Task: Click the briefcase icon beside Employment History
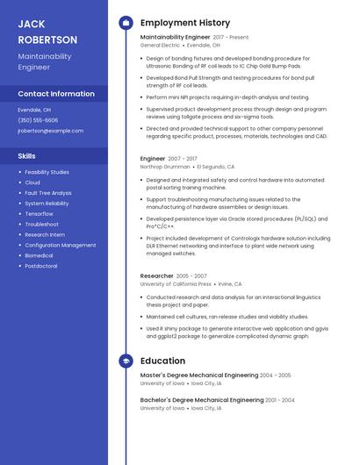(126, 23)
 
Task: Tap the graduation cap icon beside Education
(126, 361)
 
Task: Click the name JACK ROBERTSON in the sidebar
(47, 32)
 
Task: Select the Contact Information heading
(56, 94)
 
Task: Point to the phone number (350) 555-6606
(38, 120)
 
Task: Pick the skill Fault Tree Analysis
(48, 193)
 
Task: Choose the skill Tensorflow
(39, 214)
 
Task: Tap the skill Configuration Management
(61, 245)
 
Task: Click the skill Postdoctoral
(41, 266)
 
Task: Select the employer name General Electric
(160, 45)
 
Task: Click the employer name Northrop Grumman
(165, 166)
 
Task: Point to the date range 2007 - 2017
(183, 159)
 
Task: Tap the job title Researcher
(157, 276)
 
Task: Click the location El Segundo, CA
(216, 166)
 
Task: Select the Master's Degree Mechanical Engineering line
(199, 376)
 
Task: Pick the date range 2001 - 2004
(280, 400)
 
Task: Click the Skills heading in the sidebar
(26, 156)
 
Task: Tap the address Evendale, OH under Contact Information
(34, 110)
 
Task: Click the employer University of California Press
(176, 284)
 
